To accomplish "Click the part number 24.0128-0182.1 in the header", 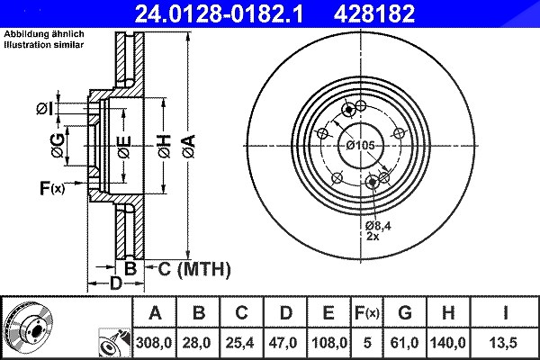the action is tap(219, 13).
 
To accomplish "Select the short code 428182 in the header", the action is tap(374, 13).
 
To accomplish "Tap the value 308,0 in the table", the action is tap(154, 343).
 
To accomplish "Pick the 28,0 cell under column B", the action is tap(196, 343).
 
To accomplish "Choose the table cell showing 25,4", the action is tap(239, 343).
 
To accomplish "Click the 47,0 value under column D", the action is tap(283, 343).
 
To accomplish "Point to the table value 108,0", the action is tap(329, 343).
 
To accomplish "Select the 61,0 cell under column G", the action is tap(405, 343).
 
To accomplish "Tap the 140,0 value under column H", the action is tap(448, 343).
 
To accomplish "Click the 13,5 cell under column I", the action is tap(503, 343).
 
